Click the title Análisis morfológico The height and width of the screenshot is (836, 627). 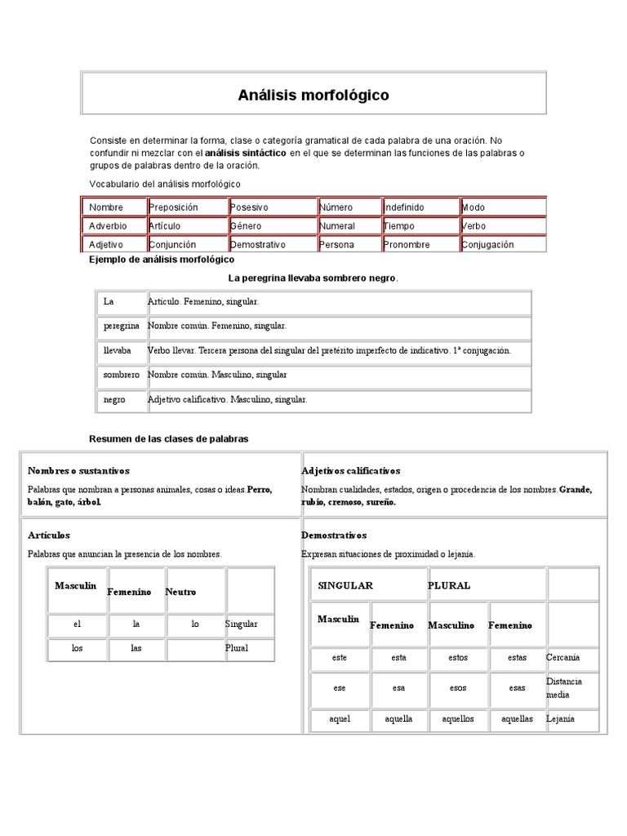313,96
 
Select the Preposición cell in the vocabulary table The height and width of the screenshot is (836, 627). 173,207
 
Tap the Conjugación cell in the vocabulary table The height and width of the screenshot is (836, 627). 488,244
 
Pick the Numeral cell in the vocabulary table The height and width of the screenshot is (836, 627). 337,226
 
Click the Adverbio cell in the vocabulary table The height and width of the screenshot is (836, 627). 108,226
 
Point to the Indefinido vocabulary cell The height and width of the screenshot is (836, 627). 403,207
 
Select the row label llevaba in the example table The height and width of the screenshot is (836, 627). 117,350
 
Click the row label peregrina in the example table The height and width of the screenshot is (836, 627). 122,325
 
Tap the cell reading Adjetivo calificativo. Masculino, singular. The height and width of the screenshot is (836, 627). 228,400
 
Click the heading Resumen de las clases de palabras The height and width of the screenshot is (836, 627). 168,438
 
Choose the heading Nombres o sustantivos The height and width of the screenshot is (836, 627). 78,471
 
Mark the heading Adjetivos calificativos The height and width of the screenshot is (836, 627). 350,471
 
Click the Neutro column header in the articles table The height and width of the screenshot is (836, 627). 180,592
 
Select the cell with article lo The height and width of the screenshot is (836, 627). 195,624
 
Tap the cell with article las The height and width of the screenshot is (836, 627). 136,648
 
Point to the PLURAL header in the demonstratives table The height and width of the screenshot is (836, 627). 449,585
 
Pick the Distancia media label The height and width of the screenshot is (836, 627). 563,687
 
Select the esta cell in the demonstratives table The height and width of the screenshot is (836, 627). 398,657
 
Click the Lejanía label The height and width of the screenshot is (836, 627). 560,719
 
